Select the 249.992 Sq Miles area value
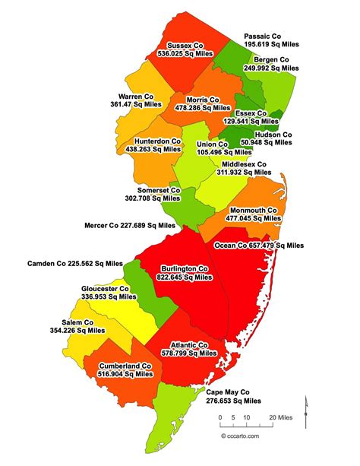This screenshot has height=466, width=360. (271, 68)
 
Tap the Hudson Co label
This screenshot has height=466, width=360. (273, 134)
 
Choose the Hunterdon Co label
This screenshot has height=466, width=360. (156, 141)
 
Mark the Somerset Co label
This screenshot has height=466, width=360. (159, 190)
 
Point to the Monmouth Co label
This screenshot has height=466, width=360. (251, 209)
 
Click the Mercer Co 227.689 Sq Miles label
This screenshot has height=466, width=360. (130, 225)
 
